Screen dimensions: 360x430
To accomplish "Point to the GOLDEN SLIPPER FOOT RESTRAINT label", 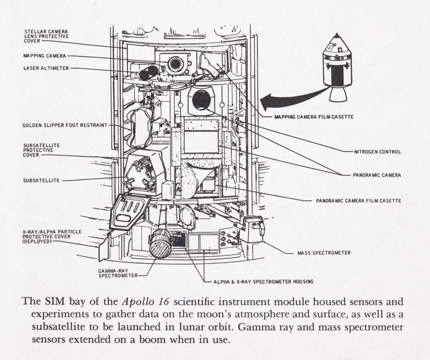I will click(65, 125).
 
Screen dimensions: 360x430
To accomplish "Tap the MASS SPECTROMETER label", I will click(324, 253).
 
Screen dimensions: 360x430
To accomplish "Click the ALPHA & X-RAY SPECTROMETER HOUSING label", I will click(263, 281).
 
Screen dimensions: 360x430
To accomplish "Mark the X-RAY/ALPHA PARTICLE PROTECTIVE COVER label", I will click(52, 236).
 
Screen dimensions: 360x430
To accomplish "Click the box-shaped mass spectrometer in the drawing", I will click(251, 228).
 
